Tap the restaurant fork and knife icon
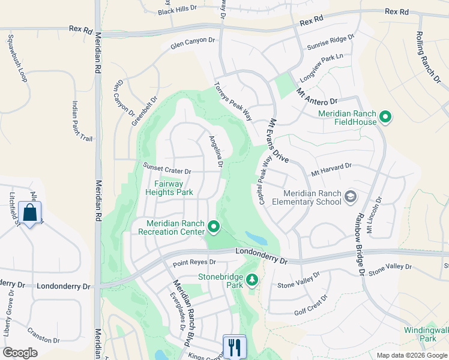(x=234, y=346)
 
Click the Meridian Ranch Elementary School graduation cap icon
(x=350, y=197)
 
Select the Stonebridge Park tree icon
(x=252, y=279)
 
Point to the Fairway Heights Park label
(x=169, y=188)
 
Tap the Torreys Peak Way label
(x=233, y=102)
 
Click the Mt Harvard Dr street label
(x=330, y=169)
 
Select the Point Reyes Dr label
(x=194, y=262)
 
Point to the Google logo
(x=20, y=353)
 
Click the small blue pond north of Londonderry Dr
(x=256, y=238)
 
